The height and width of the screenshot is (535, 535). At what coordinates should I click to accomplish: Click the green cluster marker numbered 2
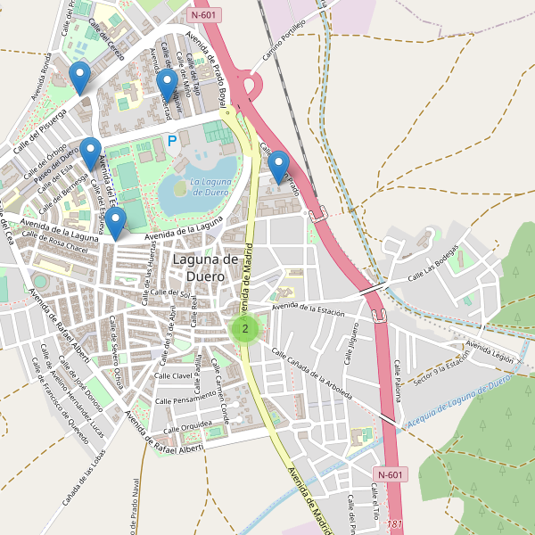[244, 329]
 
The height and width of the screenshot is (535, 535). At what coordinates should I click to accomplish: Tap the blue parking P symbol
[172, 140]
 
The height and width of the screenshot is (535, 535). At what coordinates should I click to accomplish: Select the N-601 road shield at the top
[205, 15]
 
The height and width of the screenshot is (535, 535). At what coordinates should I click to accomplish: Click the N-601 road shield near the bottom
[391, 474]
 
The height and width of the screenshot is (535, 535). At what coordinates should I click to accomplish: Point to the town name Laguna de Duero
[205, 267]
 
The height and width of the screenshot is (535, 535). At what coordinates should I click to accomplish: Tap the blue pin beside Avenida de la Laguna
[116, 224]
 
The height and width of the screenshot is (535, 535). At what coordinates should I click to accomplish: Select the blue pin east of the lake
[279, 167]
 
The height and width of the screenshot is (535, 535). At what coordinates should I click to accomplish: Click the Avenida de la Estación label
[309, 309]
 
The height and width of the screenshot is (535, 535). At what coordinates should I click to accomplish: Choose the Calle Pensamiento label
[183, 399]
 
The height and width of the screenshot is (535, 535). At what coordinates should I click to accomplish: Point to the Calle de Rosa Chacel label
[55, 243]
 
